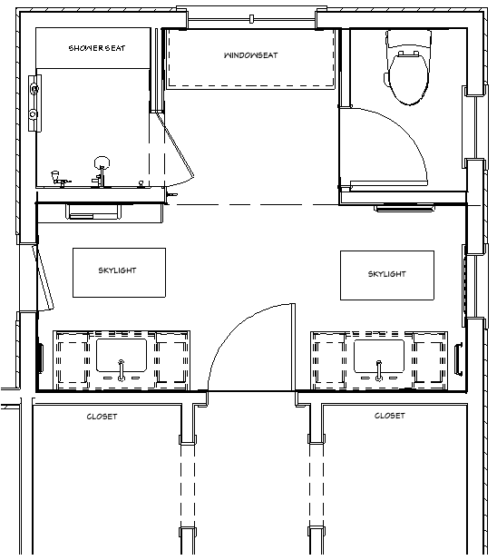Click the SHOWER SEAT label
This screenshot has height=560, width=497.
point(97,48)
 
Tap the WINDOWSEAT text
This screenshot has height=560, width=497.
point(250,55)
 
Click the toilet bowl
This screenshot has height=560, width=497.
point(408,79)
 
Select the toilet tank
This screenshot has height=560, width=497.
point(408,39)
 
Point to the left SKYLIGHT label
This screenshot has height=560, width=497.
point(117,270)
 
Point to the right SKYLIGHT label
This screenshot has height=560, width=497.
point(386,274)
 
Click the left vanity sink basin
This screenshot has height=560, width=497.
point(122,356)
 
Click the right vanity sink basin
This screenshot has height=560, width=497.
point(379,356)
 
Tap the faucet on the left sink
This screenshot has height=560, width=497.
point(122,370)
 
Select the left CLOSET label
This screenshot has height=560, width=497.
point(102,417)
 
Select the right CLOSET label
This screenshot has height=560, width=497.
point(389,416)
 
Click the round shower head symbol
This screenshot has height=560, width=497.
point(102,163)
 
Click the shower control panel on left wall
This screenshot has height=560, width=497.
point(34,103)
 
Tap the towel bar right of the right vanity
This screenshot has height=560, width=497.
point(459,359)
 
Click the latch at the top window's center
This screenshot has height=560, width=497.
point(251,19)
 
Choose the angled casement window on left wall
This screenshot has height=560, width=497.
point(44,278)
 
